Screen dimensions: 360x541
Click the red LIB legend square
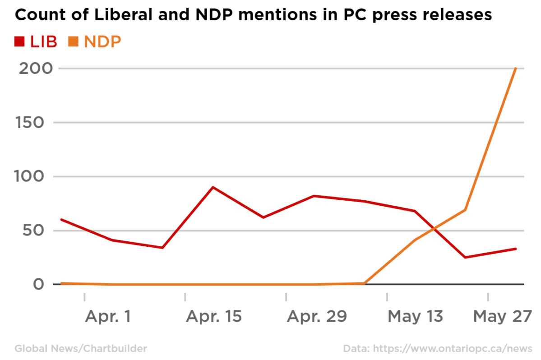19,42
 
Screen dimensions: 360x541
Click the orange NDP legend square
73,42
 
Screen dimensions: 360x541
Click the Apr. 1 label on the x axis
108,316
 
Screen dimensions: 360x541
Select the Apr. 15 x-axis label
213,316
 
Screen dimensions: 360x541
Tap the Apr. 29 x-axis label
317,316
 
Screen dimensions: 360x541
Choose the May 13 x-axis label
415,316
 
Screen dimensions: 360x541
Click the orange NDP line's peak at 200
516,69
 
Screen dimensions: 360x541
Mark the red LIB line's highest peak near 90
213,187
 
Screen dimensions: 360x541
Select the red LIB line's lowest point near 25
465,258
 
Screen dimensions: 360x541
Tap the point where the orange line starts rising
364,283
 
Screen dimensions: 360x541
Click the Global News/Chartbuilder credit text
81,348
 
